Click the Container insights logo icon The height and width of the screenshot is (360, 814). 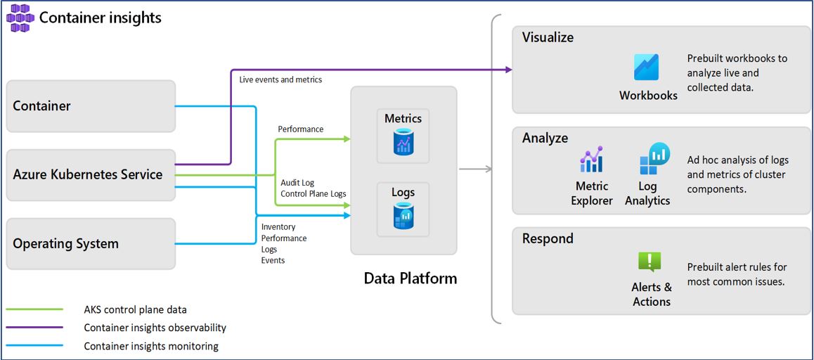pyautogui.click(x=20, y=18)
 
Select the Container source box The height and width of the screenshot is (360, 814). pyautogui.click(x=91, y=106)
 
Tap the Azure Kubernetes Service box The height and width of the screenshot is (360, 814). pyautogui.click(x=91, y=174)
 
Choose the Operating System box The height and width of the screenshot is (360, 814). pyautogui.click(x=91, y=243)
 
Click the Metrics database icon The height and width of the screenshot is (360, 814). pyautogui.click(x=403, y=143)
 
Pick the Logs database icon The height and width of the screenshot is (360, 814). pyautogui.click(x=403, y=217)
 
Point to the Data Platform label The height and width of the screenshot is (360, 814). pyautogui.click(x=410, y=278)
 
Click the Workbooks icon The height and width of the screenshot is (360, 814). pyautogui.click(x=647, y=67)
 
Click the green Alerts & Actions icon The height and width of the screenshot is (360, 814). pyautogui.click(x=650, y=262)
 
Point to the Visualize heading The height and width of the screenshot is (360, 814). pyautogui.click(x=548, y=38)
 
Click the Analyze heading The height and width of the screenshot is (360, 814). pyautogui.click(x=545, y=139)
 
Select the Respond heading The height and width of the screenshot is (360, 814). pyautogui.click(x=548, y=239)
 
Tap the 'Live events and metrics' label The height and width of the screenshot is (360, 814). pyautogui.click(x=280, y=79)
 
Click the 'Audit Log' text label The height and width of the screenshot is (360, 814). pyautogui.click(x=297, y=183)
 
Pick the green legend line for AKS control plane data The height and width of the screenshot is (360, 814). pyautogui.click(x=35, y=309)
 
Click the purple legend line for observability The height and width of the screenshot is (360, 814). pyautogui.click(x=35, y=328)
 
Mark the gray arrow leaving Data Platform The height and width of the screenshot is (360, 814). pyautogui.click(x=474, y=169)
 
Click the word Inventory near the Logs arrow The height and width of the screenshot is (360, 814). pyautogui.click(x=278, y=227)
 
